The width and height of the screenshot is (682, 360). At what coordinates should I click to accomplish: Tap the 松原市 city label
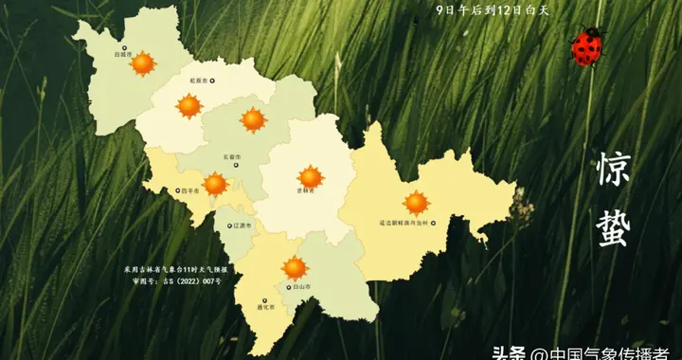[198, 81]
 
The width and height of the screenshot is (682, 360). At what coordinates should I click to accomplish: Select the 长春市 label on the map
[231, 156]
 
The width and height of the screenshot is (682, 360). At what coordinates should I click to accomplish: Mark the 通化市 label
[264, 307]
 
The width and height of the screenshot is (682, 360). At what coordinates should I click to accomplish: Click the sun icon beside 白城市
[142, 63]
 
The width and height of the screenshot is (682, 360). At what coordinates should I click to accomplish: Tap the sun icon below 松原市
[189, 106]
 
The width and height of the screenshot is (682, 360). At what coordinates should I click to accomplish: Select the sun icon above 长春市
[252, 119]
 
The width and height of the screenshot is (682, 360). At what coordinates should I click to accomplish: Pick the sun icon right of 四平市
[216, 184]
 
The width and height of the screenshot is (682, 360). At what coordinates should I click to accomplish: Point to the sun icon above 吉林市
[310, 176]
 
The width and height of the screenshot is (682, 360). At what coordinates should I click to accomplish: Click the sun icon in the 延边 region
[416, 203]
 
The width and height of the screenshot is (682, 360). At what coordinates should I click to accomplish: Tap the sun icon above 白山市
[295, 268]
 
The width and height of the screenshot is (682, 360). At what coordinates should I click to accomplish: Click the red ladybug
[587, 46]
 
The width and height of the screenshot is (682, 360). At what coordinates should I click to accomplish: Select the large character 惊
[613, 170]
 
